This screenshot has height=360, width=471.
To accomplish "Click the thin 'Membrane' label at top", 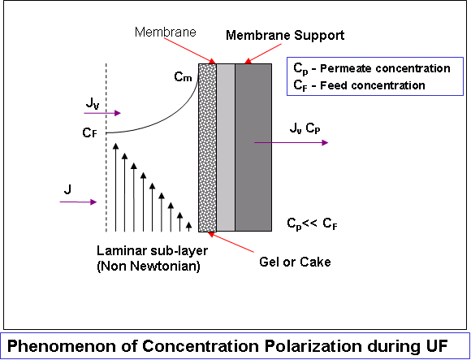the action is click(x=166, y=32).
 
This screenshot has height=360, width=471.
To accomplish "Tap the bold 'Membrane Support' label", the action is click(x=285, y=36).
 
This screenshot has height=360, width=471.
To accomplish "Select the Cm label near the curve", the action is click(x=183, y=77).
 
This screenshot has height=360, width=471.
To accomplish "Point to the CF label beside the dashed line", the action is click(x=90, y=132).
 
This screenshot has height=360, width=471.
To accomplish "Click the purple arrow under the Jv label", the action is click(x=102, y=113).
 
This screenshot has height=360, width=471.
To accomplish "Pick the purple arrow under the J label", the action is click(x=79, y=202).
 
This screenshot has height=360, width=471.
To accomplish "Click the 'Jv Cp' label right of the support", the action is click(x=305, y=128).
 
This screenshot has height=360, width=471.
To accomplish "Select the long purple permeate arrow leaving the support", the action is click(x=291, y=142).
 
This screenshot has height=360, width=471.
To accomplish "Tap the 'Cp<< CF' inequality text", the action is click(x=312, y=223).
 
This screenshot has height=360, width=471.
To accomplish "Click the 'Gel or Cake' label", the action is click(x=295, y=262).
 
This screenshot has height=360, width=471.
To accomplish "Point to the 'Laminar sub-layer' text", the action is click(x=153, y=250).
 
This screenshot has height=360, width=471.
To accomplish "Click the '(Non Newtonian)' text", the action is click(x=149, y=267).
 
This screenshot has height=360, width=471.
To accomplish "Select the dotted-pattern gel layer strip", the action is click(x=207, y=148).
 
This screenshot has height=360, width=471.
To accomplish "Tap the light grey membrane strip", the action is click(x=226, y=148).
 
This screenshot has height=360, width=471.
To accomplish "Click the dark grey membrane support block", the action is click(x=253, y=148).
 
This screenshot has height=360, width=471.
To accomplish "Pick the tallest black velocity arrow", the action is click(x=115, y=188).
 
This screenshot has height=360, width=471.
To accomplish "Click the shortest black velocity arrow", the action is click(x=188, y=227).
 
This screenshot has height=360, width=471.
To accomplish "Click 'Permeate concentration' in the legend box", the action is click(x=385, y=69).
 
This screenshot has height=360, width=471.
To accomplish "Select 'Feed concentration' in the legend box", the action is click(x=373, y=85).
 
